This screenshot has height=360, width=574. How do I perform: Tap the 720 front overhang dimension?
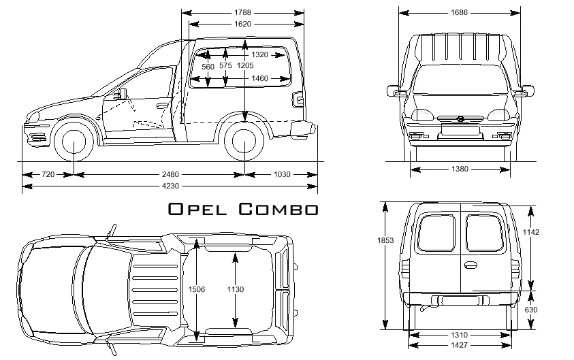coord(48,175)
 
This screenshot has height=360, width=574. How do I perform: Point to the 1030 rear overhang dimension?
coord(281,175)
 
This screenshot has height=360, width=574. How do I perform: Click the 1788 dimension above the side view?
coord(242,12)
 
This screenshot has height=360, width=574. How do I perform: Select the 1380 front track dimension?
coord(460,169)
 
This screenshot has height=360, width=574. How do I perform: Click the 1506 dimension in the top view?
coord(196,289)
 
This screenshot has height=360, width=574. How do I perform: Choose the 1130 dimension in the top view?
coord(235,289)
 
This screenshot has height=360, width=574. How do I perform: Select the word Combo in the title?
coord(278,209)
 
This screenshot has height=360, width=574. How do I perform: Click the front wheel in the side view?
coord(74,142)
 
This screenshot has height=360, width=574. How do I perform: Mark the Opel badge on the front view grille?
coord(460,119)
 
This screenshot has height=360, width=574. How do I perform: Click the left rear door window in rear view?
coord(436,233)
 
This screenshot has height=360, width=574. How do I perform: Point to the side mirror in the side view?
coord(123,94)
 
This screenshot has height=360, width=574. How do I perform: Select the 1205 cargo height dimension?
coord(245,65)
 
